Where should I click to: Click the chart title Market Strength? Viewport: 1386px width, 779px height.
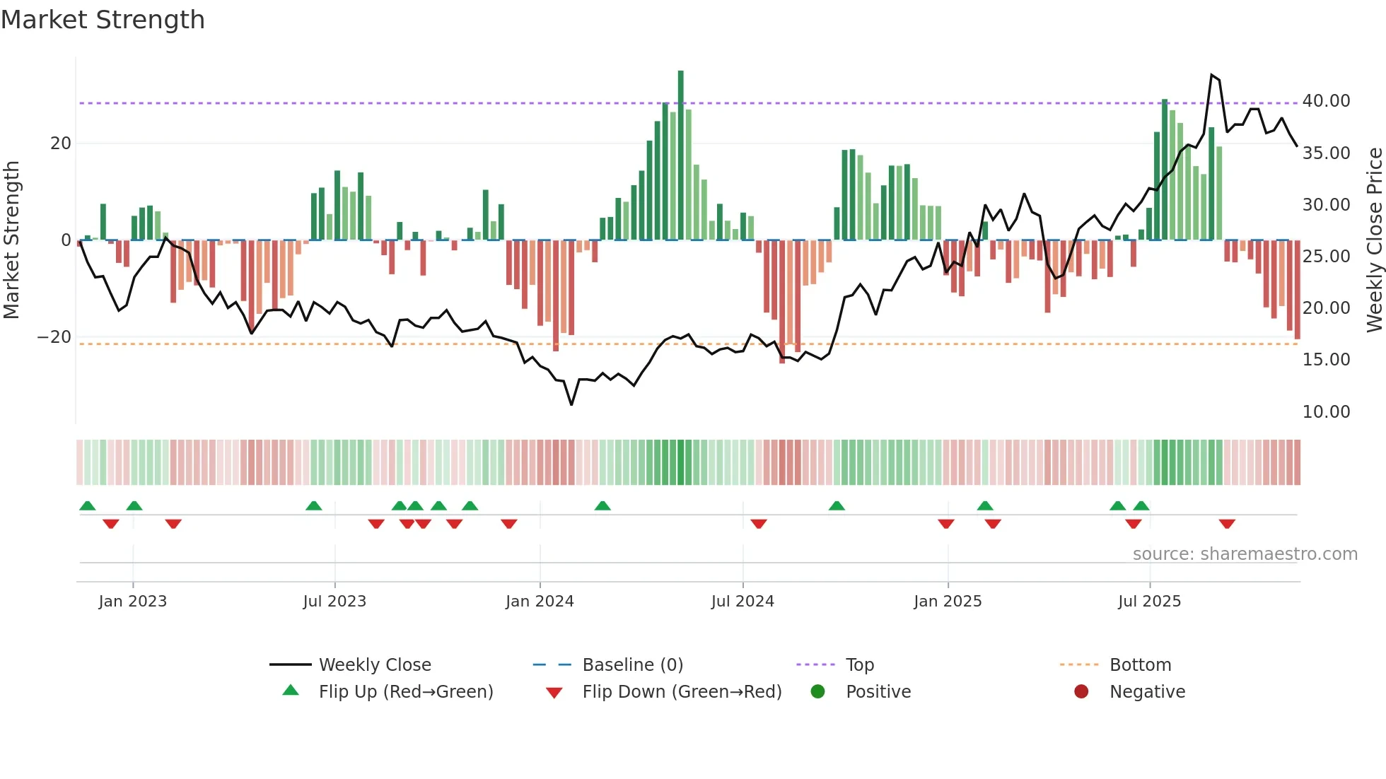click(103, 20)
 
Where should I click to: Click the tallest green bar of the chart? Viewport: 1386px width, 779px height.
click(680, 156)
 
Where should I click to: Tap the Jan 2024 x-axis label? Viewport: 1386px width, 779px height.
click(540, 602)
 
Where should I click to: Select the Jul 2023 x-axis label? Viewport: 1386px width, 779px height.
click(334, 602)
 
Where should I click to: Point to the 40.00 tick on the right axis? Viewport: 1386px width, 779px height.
click(1326, 101)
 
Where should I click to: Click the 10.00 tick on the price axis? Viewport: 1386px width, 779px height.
click(1326, 412)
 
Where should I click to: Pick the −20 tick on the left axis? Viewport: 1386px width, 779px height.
click(54, 337)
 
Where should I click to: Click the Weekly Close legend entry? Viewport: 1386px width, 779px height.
click(374, 665)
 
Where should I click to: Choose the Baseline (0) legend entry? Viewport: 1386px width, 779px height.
click(632, 665)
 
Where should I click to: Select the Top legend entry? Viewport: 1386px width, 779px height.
click(859, 665)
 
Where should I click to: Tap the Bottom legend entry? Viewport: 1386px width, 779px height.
click(1140, 665)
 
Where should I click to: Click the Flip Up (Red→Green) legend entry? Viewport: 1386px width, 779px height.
click(405, 692)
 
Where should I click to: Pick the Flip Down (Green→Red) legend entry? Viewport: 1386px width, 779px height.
click(682, 692)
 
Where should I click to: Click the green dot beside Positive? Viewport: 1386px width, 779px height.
click(818, 692)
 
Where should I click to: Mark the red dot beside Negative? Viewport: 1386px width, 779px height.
click(1081, 692)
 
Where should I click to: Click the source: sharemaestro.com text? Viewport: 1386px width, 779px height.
click(1245, 554)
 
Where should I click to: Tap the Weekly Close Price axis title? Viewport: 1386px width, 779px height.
click(1374, 240)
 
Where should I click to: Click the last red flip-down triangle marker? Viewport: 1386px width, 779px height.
click(1227, 524)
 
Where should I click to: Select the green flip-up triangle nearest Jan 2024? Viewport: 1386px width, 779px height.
click(602, 506)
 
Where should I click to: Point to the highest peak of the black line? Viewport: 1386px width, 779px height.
click(1211, 75)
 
